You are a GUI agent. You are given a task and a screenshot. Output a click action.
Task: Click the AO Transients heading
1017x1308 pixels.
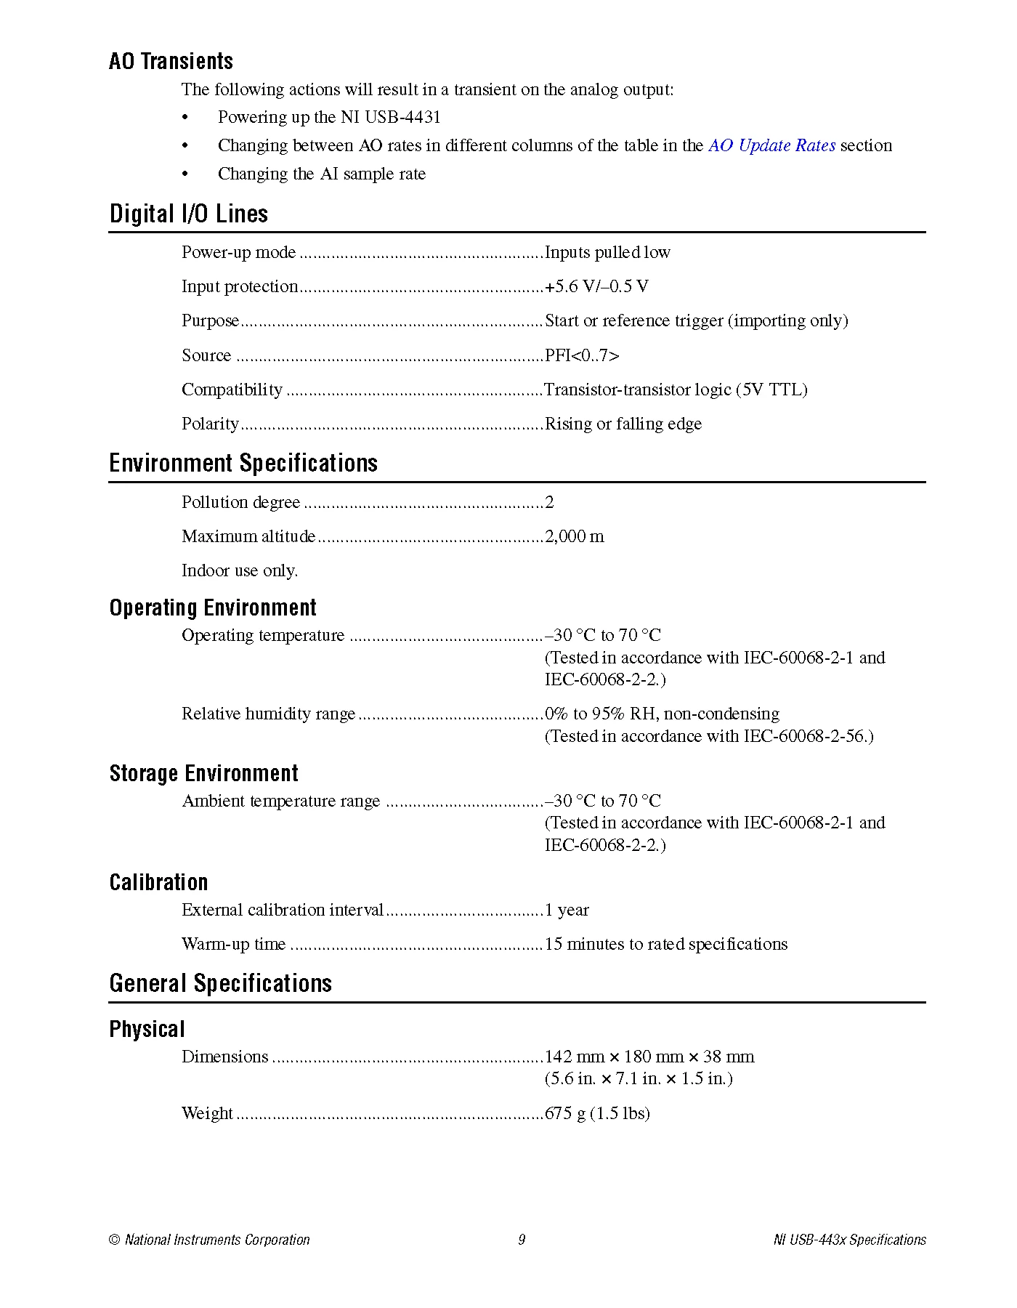171,61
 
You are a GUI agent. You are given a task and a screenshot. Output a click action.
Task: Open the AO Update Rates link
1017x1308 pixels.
771,145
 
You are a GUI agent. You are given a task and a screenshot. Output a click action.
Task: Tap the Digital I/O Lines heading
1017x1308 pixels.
188,214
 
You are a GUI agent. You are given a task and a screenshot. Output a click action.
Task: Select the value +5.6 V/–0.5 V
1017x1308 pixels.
596,286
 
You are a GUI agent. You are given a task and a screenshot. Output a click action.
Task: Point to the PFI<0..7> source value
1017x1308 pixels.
582,355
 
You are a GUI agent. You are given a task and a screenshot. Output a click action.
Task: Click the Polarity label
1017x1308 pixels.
210,424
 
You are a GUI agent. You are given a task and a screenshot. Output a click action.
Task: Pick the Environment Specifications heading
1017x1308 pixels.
243,463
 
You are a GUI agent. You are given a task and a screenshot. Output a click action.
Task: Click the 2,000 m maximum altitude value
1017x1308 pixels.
574,536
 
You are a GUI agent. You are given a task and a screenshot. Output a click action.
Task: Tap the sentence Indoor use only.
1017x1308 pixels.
240,570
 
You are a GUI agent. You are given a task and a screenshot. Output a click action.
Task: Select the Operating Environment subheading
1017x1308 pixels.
213,607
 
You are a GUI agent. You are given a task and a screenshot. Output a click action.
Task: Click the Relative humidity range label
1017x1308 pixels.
268,714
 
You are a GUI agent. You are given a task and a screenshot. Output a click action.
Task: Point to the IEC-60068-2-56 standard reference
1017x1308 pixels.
807,736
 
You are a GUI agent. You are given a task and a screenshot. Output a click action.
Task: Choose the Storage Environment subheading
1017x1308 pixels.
204,773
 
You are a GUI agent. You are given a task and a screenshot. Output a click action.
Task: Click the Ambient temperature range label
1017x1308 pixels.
280,801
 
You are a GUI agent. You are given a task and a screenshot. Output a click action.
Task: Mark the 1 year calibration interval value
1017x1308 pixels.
567,910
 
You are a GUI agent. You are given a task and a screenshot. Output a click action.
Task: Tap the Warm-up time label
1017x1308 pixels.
233,944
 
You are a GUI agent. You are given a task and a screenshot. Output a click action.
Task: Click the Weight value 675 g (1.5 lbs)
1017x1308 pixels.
597,1113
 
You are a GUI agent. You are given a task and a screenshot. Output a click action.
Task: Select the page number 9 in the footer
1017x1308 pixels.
522,1240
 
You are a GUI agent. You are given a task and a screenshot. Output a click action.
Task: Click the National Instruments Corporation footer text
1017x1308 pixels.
216,1240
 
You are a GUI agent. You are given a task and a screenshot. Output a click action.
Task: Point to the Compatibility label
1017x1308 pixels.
232,389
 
